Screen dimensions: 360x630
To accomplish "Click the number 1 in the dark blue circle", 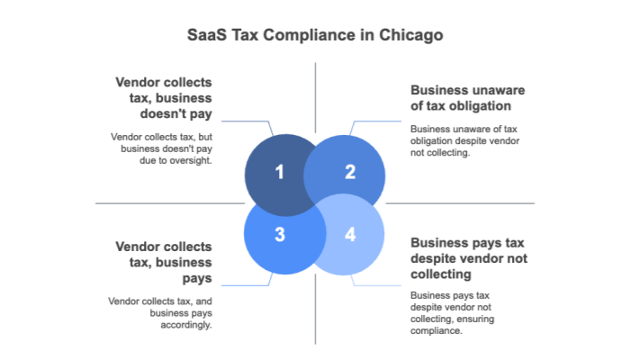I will [x=280, y=172].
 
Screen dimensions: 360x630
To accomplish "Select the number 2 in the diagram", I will [x=350, y=172].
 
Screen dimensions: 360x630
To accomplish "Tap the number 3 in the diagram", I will [x=280, y=235].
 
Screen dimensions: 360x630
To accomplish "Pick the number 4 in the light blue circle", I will [x=350, y=235].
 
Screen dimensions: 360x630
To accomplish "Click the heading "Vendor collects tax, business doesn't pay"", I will [x=164, y=97].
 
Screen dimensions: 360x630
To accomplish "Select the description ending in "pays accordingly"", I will [x=160, y=312].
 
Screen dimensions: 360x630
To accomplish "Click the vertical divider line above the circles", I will [x=315, y=94].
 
